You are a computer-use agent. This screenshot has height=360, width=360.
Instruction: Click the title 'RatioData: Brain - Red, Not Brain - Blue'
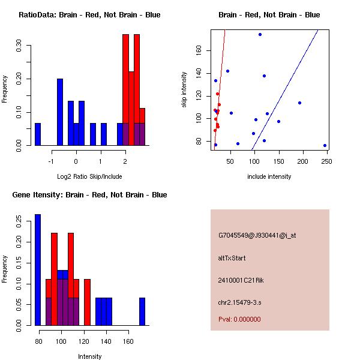89,15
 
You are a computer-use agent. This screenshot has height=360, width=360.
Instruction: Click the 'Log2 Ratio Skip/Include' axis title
89,176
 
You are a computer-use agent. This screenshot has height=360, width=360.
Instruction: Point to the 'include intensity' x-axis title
269,176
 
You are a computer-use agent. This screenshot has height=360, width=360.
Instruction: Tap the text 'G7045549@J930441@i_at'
257,236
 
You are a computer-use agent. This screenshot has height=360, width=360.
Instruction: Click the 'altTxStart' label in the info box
232,259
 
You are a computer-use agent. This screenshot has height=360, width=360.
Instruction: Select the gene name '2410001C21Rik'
241,281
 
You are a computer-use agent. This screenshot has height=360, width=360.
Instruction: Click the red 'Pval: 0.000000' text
239,320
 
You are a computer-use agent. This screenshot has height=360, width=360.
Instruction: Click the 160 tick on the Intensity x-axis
128,340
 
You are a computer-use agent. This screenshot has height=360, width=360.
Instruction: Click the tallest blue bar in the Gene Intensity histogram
38,270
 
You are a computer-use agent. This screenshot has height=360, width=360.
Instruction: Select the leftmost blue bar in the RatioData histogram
38,134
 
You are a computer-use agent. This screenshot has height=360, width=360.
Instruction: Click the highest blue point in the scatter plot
260,34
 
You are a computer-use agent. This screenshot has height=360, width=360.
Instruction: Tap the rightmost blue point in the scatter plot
325,145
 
